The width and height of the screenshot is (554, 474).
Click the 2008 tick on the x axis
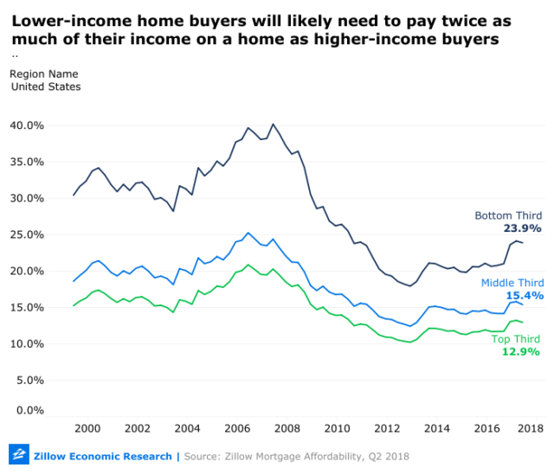click(x=288, y=428)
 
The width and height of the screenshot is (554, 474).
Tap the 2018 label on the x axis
click(x=530, y=428)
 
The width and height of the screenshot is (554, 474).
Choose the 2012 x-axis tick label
click(x=387, y=428)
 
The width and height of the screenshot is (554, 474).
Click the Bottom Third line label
click(x=508, y=215)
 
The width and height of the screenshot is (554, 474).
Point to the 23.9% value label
click(x=522, y=228)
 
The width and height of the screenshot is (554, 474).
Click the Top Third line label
click(x=516, y=338)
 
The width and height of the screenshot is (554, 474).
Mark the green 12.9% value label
click(x=522, y=351)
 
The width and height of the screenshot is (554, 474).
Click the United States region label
click(x=45, y=86)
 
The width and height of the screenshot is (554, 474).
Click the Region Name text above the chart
click(x=42, y=74)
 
